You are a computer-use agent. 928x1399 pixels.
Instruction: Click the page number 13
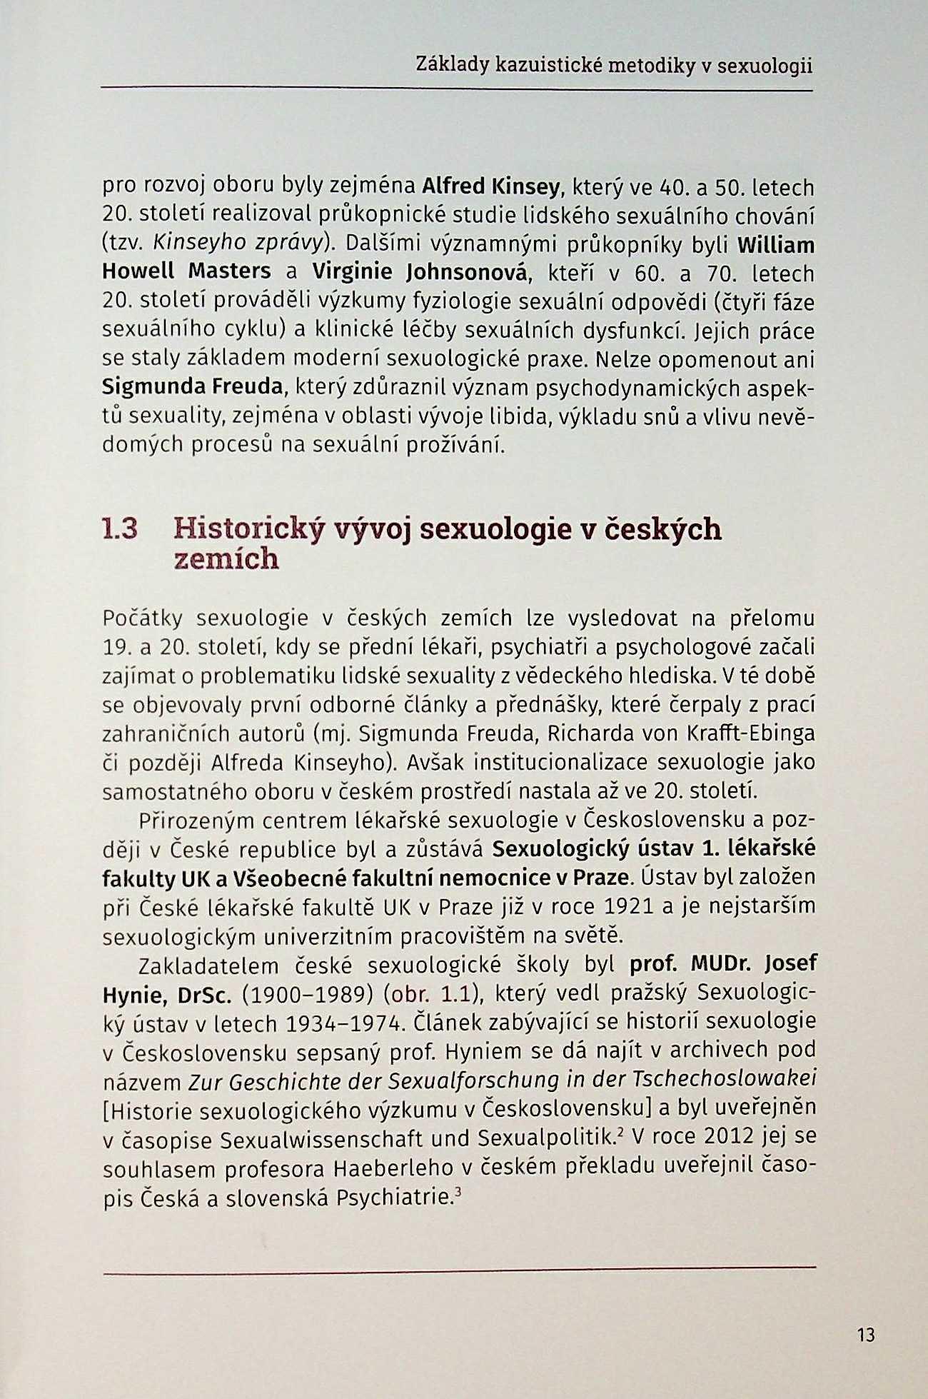865,1334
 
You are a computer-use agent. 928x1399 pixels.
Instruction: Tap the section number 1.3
120,529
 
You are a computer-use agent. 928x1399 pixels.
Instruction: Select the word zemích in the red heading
226,558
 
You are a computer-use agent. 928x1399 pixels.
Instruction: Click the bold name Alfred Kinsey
490,187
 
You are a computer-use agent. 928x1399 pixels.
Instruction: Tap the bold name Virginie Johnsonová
420,272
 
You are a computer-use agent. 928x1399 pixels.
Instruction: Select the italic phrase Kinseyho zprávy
238,244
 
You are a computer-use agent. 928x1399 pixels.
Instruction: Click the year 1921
629,906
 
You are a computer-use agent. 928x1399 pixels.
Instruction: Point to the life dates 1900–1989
306,994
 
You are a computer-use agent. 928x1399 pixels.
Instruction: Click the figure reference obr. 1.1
426,994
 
